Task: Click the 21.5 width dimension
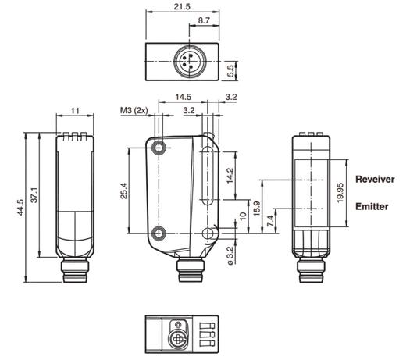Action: [182, 6]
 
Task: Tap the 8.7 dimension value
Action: [204, 20]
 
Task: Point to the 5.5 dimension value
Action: [231, 71]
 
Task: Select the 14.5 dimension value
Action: [184, 97]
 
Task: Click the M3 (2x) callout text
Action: [134, 110]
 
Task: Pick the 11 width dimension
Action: [75, 111]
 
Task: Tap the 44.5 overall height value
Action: [20, 208]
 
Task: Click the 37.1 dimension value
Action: [34, 195]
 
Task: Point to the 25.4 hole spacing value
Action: [124, 191]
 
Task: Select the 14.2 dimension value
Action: [230, 176]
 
